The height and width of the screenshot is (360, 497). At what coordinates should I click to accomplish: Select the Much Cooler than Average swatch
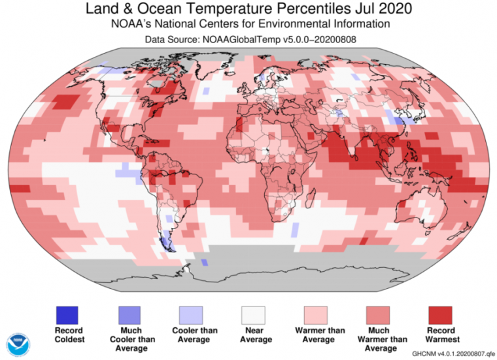tap(131, 315)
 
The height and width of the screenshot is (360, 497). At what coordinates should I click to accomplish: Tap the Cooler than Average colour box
tap(193, 315)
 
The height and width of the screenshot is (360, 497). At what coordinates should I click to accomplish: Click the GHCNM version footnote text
tap(450, 353)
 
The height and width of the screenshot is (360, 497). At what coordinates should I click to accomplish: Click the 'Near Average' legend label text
tap(256, 335)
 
